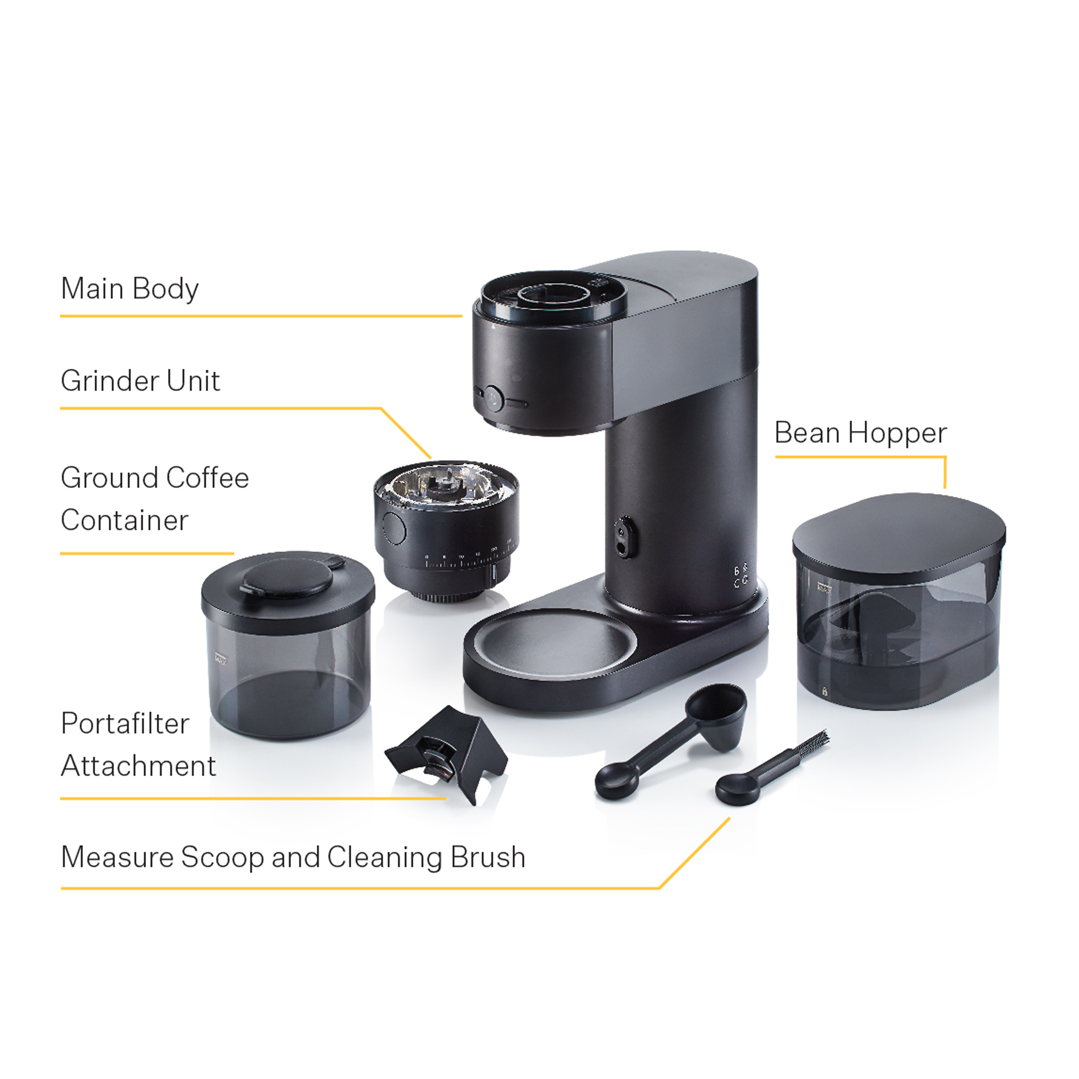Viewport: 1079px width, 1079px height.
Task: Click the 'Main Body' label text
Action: pos(129,289)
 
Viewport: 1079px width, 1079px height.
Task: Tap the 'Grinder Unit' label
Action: pos(140,381)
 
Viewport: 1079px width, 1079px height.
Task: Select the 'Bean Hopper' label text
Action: pos(861,433)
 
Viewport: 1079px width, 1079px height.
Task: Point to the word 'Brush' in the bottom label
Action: pos(488,857)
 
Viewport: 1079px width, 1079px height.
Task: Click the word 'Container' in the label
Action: pos(124,520)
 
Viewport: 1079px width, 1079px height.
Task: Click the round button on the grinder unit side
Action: pos(394,527)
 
